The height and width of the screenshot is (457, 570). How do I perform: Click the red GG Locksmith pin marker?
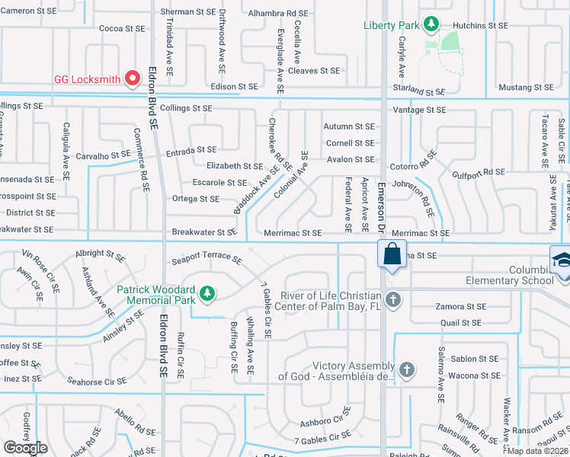pyautogui.click(x=133, y=78)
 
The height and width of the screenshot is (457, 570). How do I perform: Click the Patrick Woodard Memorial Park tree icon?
pyautogui.click(x=206, y=293)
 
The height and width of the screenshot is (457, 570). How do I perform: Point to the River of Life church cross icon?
pyautogui.click(x=392, y=299)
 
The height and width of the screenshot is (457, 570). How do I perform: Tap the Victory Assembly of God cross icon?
pyautogui.click(x=407, y=370)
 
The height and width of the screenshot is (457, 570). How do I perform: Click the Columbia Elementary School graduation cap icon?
pyautogui.click(x=561, y=259)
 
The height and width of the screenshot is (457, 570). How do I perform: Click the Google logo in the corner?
pyautogui.click(x=25, y=448)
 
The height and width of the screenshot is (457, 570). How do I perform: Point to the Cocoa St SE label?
pyautogui.click(x=122, y=28)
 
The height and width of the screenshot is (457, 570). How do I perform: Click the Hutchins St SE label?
pyautogui.click(x=481, y=25)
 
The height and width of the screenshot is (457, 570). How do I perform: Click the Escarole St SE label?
pyautogui.click(x=219, y=183)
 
